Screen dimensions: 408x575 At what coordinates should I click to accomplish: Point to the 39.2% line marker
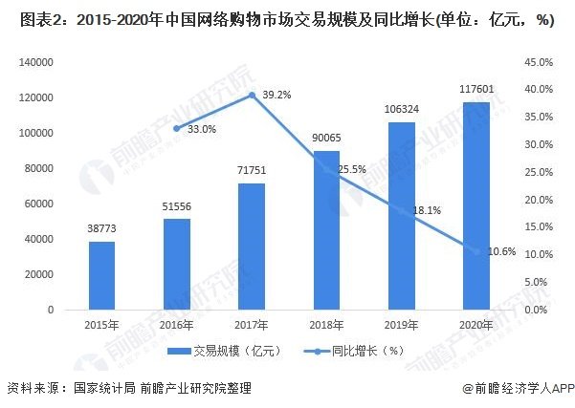tap(252, 95)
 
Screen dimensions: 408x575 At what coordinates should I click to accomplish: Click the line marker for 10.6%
tap(475, 251)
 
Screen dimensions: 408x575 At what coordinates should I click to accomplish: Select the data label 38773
tap(102, 228)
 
